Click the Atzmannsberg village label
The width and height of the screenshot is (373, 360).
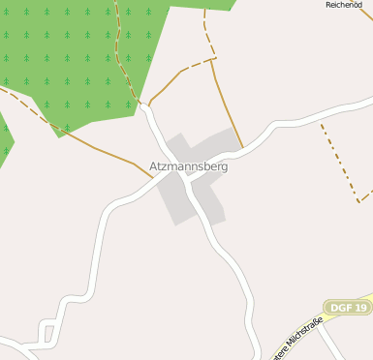[189, 166]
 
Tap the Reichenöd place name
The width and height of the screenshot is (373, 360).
[344, 5]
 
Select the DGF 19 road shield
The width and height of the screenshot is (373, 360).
[347, 308]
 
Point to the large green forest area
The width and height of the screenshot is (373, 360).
[78, 58]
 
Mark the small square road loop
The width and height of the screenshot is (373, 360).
[47, 335]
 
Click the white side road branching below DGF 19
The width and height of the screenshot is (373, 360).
[334, 344]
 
